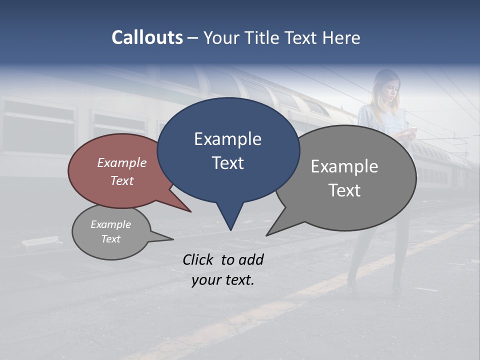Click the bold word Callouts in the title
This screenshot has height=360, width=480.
tap(147, 37)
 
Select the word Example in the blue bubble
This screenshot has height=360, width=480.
tap(227, 139)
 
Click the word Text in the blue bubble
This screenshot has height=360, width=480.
tap(227, 163)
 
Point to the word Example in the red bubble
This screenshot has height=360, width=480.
tap(121, 162)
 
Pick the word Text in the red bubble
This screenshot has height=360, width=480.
tap(121, 180)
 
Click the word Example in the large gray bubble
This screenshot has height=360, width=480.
tap(344, 166)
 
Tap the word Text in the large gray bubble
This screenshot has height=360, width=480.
tap(344, 190)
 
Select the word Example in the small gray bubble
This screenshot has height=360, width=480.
tap(110, 224)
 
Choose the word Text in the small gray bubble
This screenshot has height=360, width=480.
tap(110, 239)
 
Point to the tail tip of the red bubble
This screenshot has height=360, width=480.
tap(190, 211)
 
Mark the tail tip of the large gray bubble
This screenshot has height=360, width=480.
tap(267, 235)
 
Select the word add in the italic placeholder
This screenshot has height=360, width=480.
tap(251, 259)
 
